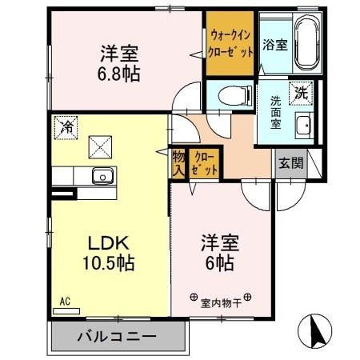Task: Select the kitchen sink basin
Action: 102,177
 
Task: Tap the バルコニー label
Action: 116,336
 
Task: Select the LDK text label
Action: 100,243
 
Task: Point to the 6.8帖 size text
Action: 120,74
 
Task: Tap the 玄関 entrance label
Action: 290,164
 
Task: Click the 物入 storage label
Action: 178,162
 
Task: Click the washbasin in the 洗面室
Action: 302,127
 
